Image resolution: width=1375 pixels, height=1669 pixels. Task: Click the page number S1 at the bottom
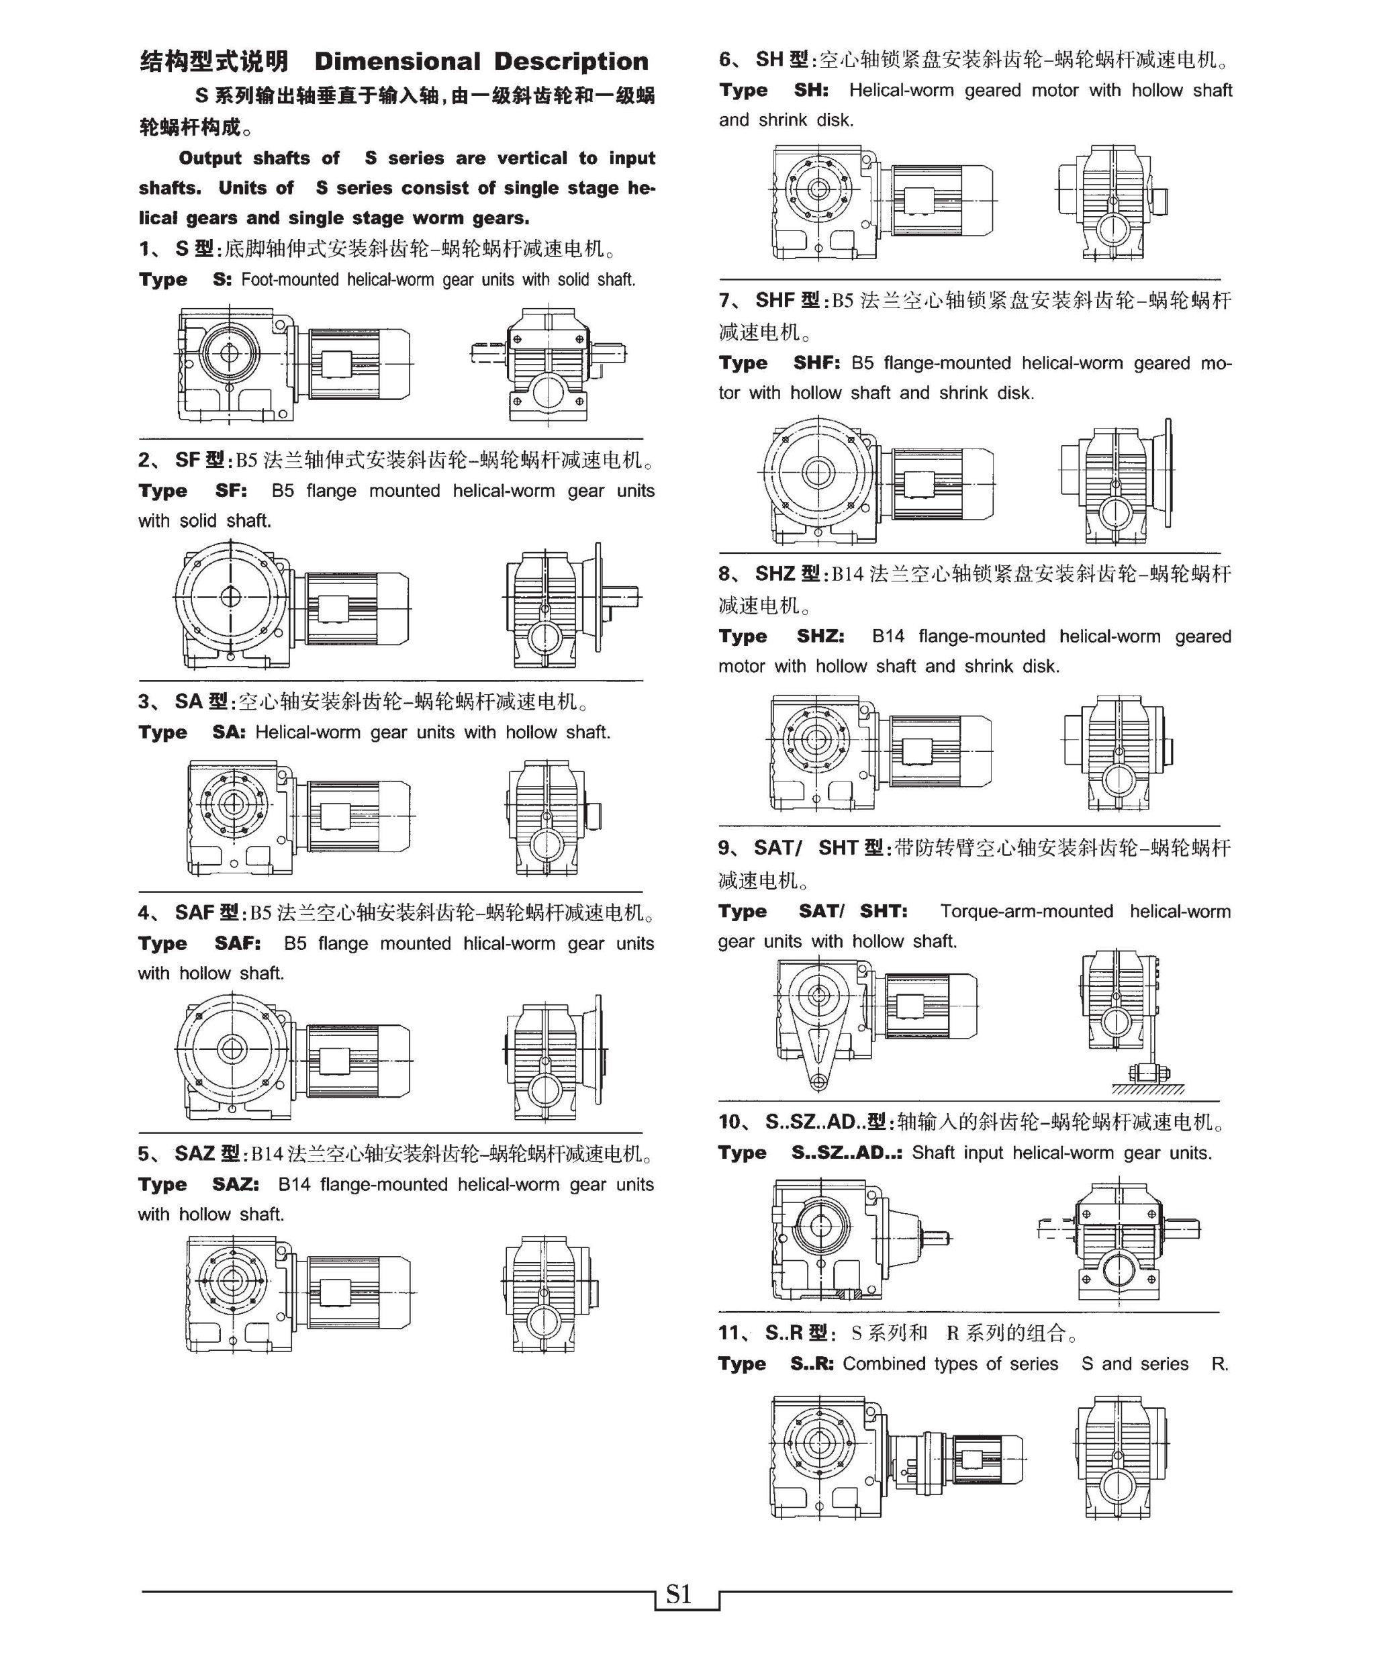tap(679, 1594)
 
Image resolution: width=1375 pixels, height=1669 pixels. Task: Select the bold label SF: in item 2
tap(230, 491)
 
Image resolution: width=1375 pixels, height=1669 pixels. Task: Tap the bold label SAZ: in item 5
tap(235, 1185)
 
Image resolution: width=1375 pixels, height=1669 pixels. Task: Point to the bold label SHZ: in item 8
tap(820, 637)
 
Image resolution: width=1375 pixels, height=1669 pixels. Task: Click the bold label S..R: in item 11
tap(812, 1364)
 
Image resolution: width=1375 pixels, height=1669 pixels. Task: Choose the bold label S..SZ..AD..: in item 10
tap(847, 1153)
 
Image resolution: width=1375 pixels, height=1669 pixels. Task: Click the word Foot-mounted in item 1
tap(289, 279)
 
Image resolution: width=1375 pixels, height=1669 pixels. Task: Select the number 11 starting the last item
tap(728, 1333)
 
